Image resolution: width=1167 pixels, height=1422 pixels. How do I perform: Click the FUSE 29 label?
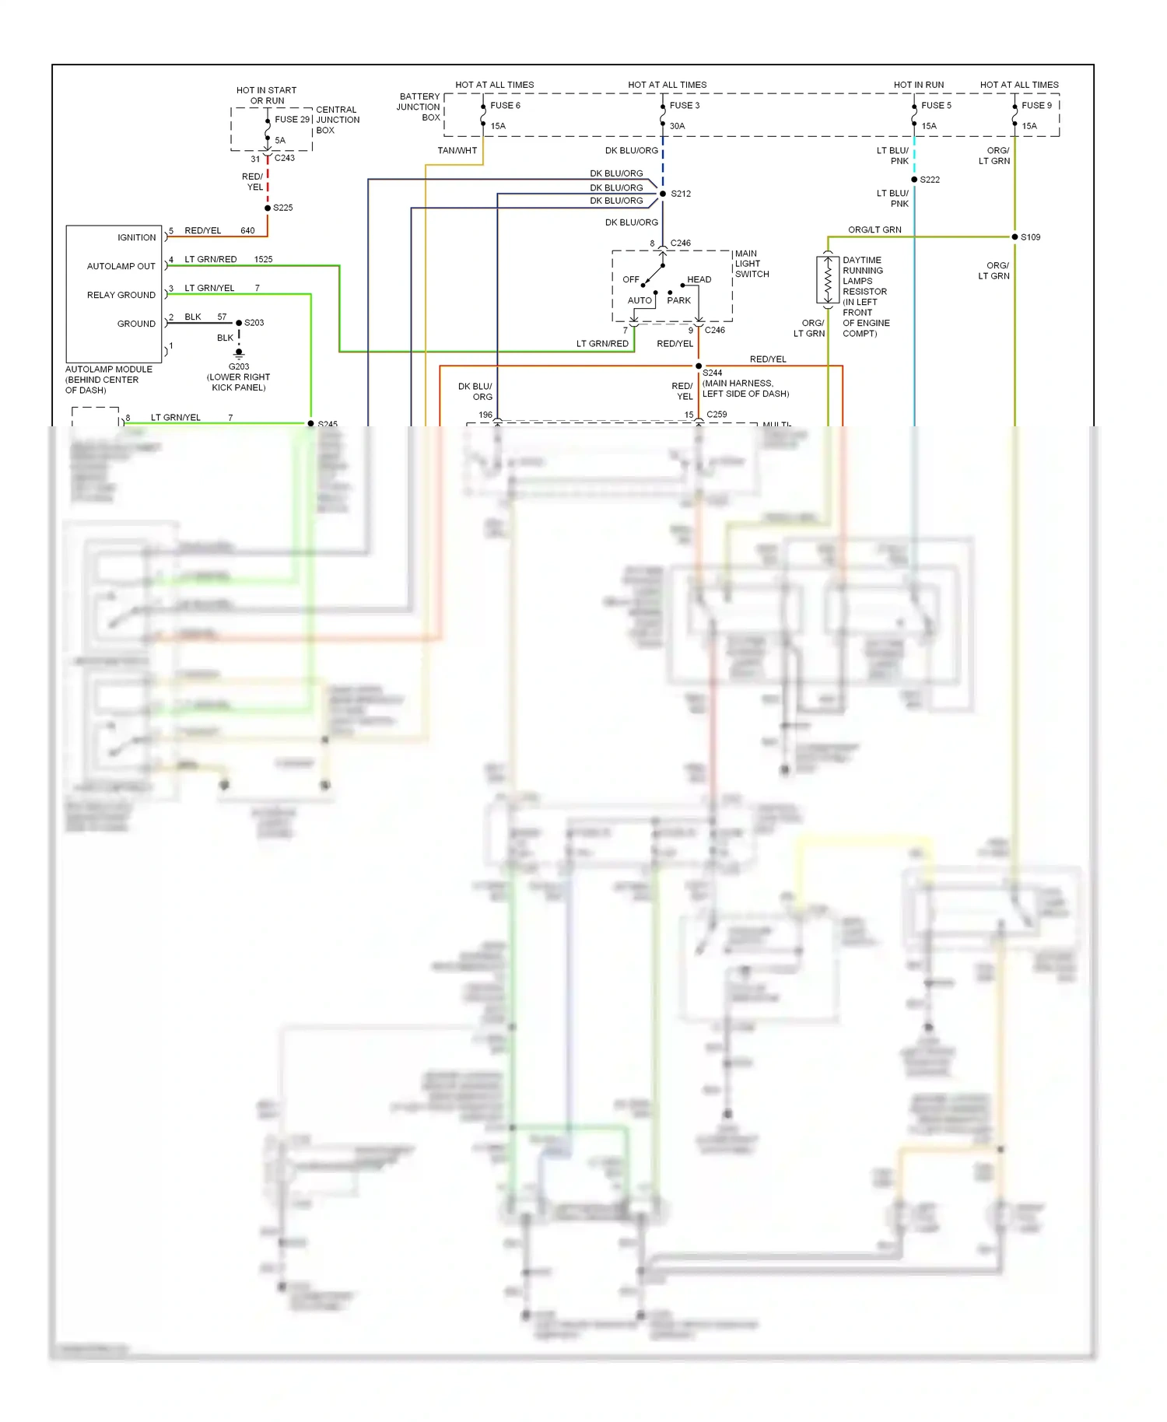292,119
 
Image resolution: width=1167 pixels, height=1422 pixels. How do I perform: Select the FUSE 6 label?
505,106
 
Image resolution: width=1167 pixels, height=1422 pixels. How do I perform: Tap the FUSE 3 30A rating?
677,126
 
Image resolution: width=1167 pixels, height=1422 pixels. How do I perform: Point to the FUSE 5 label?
936,106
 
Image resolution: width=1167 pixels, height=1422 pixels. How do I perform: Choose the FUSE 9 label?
1036,106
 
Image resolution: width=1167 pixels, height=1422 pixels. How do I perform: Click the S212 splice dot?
663,194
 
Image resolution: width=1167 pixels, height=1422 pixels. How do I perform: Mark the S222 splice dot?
914,180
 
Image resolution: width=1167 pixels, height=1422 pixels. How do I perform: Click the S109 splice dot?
1015,236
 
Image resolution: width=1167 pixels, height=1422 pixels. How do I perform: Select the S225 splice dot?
268,208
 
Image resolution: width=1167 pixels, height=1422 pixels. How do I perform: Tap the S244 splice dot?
699,366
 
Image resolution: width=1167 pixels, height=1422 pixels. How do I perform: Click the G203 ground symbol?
239,353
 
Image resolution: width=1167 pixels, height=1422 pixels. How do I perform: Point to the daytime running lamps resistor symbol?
828,279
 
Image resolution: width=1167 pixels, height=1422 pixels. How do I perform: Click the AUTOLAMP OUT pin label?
121,266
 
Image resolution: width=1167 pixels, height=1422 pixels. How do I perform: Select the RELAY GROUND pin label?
121,295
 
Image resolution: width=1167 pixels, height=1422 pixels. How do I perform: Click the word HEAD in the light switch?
699,279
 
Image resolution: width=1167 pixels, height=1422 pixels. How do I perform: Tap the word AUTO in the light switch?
640,300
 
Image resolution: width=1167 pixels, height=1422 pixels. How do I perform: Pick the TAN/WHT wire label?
457,151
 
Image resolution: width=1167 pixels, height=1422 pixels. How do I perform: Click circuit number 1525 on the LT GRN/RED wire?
263,259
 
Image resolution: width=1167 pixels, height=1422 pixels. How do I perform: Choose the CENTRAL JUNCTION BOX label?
337,120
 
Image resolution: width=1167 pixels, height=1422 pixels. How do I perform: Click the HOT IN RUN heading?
918,85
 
